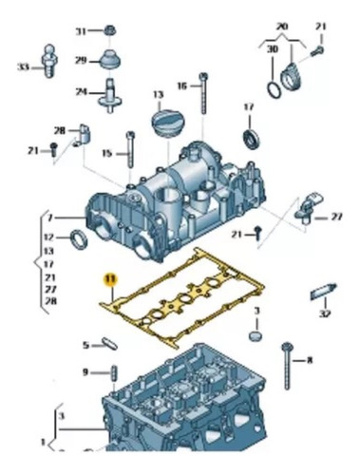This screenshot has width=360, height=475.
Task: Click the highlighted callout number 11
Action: click(111, 279)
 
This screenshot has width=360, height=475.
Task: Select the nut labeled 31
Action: click(110, 30)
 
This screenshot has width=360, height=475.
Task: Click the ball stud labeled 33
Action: click(48, 61)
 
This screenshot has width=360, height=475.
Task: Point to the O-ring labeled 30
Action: click(273, 90)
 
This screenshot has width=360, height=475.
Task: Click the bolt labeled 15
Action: click(130, 149)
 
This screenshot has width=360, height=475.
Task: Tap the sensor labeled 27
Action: click(308, 208)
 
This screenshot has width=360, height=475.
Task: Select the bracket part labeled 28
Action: click(84, 136)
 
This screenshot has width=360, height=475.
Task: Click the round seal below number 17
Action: click(252, 139)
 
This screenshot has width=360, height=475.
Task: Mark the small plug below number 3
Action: click(256, 335)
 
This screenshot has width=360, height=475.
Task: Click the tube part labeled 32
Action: click(323, 292)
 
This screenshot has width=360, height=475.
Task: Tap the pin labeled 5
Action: click(110, 344)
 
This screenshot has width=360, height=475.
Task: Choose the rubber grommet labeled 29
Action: click(109, 60)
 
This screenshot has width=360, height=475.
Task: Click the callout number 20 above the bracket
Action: click(281, 27)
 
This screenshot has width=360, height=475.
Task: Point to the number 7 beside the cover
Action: click(49, 218)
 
